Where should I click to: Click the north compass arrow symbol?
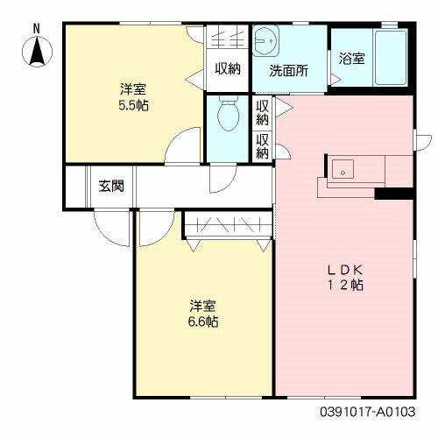[38, 52]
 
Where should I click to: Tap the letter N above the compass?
[36, 29]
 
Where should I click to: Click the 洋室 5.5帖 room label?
[133, 97]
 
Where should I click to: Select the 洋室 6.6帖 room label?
[202, 314]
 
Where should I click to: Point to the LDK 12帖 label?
[345, 277]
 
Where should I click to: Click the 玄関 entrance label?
[111, 186]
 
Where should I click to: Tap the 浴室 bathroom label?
[351, 59]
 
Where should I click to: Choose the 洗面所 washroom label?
[288, 71]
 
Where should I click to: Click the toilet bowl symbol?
[228, 113]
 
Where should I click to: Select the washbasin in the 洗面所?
[265, 41]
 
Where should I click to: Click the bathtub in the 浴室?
[391, 58]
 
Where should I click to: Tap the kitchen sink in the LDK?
[343, 169]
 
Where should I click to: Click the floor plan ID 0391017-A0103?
[367, 412]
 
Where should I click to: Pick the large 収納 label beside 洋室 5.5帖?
[228, 68]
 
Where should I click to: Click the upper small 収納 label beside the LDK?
[262, 113]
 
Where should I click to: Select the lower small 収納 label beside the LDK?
[262, 146]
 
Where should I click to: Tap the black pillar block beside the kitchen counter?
[394, 194]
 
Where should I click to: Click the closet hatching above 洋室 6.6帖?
[229, 224]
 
